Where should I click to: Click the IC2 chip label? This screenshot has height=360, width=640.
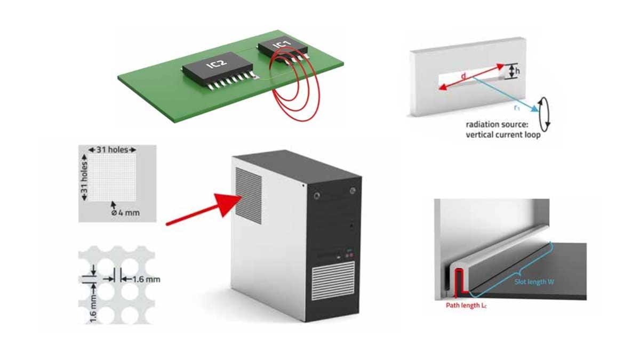(218, 64)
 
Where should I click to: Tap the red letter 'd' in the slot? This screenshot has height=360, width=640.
(463, 78)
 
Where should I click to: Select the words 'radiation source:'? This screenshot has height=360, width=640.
(494, 125)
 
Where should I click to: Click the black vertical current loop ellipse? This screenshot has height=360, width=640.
(545, 114)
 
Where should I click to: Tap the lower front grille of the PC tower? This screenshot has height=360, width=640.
(332, 281)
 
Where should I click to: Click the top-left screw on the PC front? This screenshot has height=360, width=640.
(318, 195)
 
